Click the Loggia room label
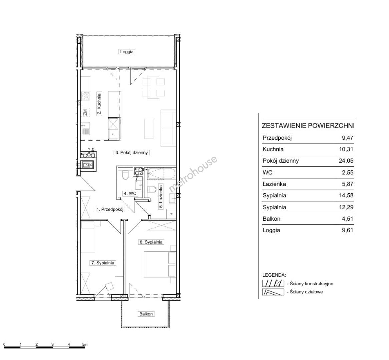point(127,52)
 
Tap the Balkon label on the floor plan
point(146,314)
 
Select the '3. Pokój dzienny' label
point(131,153)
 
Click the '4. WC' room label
point(130,193)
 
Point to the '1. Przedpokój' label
point(110,209)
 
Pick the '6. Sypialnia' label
point(151,242)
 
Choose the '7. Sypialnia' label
point(103,263)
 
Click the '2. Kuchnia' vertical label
point(99,104)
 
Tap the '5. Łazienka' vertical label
point(161,196)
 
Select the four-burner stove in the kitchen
point(86,96)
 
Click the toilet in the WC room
point(125,175)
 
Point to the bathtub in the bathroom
point(162,173)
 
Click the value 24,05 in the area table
point(346,161)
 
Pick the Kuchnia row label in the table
point(273,149)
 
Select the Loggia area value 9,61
point(347,230)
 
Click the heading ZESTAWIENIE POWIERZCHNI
point(308,126)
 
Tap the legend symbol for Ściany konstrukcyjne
point(273,283)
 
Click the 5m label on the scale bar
point(85,344)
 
